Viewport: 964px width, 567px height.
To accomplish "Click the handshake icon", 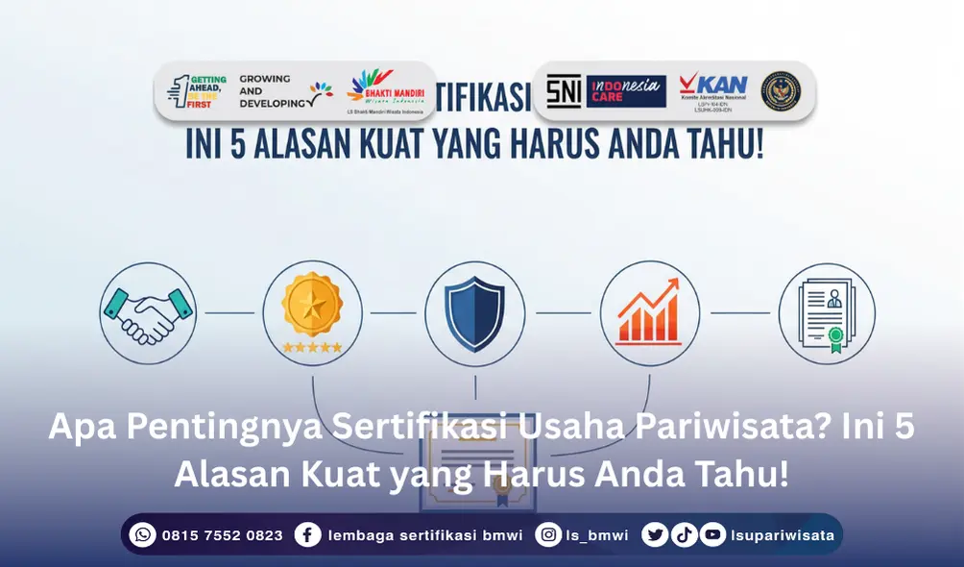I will pyautogui.click(x=148, y=312).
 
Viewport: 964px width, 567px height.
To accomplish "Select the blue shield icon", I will pyautogui.click(x=475, y=312).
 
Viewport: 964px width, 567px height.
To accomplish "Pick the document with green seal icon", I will pyautogui.click(x=826, y=312).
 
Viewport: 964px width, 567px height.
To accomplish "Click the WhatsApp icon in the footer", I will pyautogui.click(x=143, y=534).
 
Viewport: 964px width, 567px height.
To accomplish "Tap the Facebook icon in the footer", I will pyautogui.click(x=308, y=534).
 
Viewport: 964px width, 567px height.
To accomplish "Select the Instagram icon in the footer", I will pyautogui.click(x=548, y=534).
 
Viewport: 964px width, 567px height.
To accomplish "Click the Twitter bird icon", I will pyautogui.click(x=656, y=534).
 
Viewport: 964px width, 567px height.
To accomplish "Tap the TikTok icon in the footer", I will pyautogui.click(x=684, y=534).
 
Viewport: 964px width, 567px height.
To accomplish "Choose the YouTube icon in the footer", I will pyautogui.click(x=712, y=534).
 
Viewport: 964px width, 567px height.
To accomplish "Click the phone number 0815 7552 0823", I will pyautogui.click(x=223, y=535).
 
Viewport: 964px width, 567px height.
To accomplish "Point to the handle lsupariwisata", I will pyautogui.click(x=782, y=535).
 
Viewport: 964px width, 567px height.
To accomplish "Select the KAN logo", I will pyautogui.click(x=712, y=87).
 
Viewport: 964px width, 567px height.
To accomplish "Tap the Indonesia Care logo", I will pyautogui.click(x=626, y=91).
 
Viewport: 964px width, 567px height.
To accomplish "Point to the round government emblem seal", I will pyautogui.click(x=781, y=91).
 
